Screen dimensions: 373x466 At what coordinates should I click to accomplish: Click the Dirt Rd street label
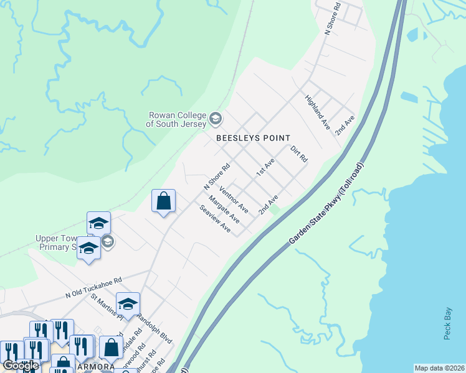coord(299,154)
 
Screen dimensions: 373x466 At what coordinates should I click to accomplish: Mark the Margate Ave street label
coord(224,210)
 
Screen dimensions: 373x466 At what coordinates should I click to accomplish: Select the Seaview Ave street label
coord(216,219)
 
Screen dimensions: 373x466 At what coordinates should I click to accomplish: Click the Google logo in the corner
coord(21,366)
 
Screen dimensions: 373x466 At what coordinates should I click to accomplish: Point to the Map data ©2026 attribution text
coord(439,368)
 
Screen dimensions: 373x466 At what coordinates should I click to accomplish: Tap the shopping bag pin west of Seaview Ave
coord(163,201)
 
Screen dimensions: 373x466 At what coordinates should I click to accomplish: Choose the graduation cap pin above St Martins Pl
coord(128,304)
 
